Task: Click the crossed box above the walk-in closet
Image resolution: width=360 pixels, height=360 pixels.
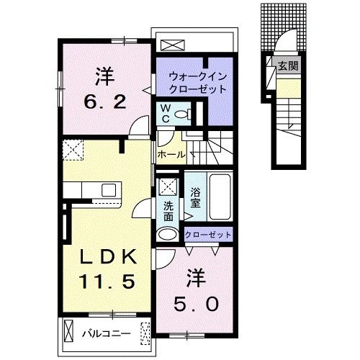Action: [172, 45]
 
